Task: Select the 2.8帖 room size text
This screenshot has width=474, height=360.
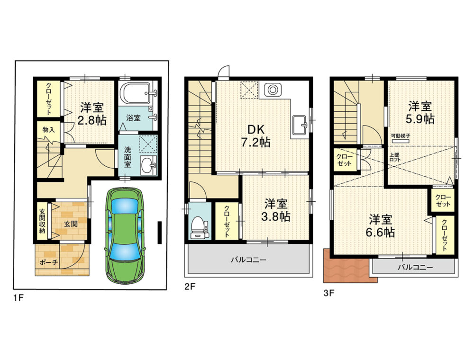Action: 91,120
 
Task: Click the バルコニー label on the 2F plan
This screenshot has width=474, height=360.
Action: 248,260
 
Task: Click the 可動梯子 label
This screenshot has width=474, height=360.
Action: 401,135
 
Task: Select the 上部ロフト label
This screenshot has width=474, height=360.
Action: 395,157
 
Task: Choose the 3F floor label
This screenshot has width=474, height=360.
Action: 329,293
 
